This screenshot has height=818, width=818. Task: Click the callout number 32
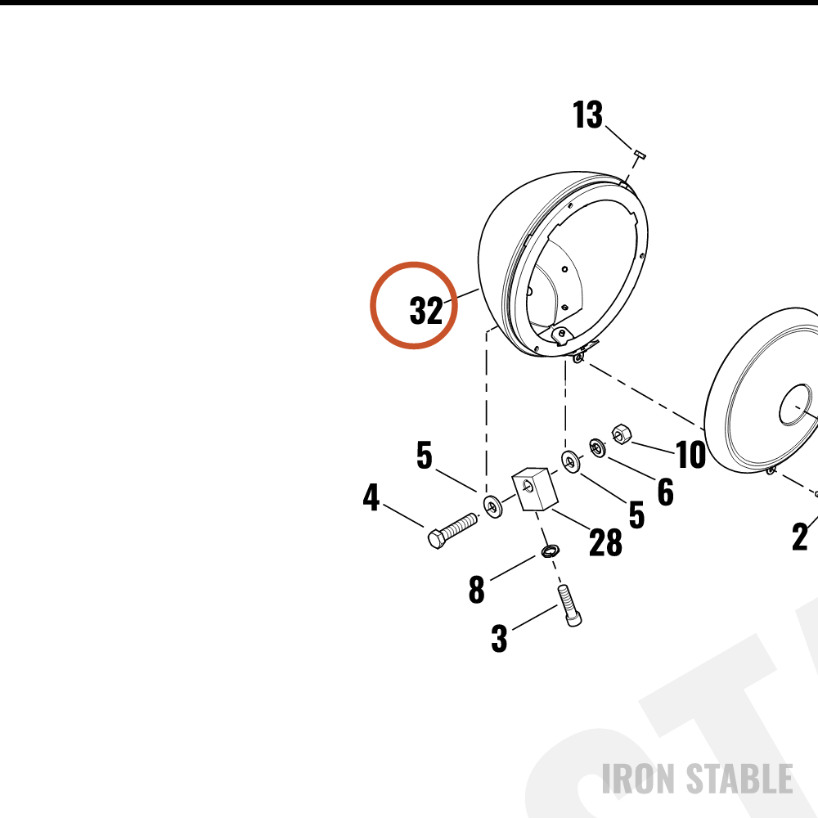(426, 310)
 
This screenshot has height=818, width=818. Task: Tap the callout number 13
(587, 115)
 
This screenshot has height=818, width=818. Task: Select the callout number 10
(690, 454)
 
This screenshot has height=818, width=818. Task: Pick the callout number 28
(605, 542)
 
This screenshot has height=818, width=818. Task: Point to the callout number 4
(371, 497)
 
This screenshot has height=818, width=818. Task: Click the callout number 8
(476, 590)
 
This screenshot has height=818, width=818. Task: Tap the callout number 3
(499, 638)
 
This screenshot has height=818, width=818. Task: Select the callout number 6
(665, 492)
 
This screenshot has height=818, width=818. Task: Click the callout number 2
(800, 537)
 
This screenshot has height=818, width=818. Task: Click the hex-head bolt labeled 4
(452, 531)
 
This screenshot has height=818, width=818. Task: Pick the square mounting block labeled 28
(535, 488)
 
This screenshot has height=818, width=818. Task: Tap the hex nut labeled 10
(621, 434)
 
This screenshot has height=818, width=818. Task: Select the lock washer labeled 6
(597, 448)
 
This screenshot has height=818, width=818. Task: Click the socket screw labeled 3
(569, 605)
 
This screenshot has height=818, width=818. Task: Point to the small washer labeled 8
(550, 551)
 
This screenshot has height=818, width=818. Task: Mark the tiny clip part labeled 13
(640, 154)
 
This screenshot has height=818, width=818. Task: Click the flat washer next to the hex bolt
(492, 507)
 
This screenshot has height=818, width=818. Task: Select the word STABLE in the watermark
(739, 779)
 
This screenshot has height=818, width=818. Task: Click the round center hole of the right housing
(796, 406)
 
